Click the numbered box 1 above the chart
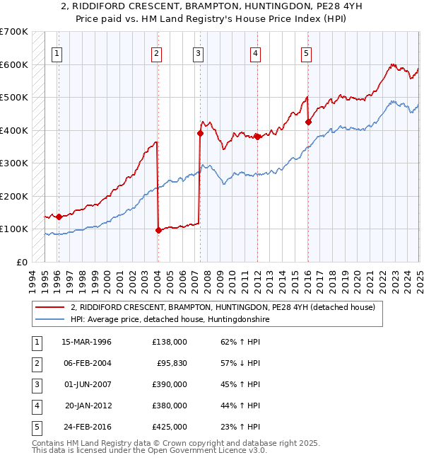coord(57,52)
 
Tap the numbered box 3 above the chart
coord(199,52)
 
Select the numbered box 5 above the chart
coord(306,52)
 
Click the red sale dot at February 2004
coord(158,230)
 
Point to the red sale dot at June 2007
coord(200,133)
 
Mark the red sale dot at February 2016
coord(308,122)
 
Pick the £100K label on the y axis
coord(13,229)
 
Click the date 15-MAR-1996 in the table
coord(87,342)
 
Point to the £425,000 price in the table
coord(170,427)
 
